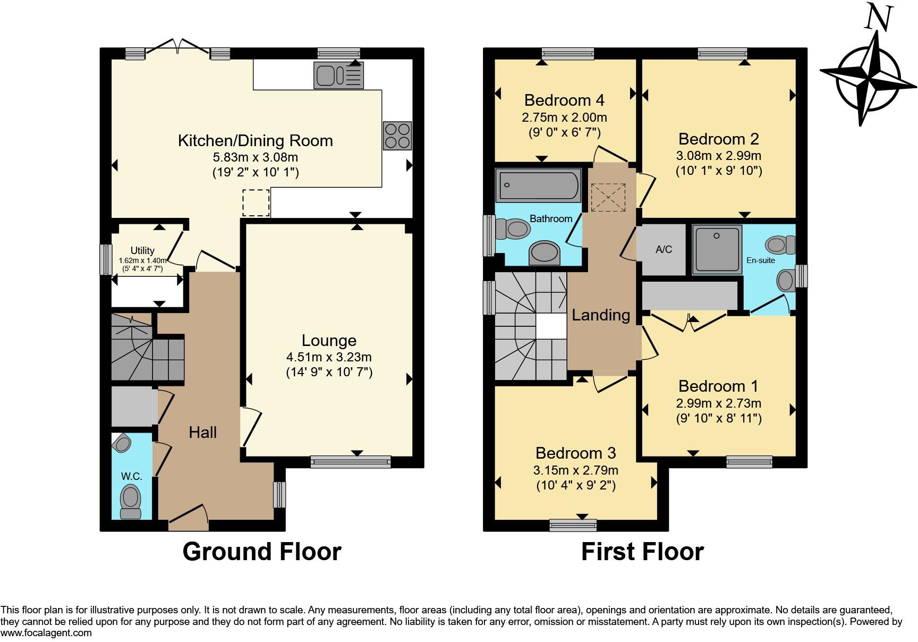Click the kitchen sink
339,75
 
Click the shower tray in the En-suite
717,249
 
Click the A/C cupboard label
664,249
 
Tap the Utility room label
142,250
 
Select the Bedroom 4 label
564,100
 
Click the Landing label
601,315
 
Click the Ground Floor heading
262,552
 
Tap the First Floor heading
642,552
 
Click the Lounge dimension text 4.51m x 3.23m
329,357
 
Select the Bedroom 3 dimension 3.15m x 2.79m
576,470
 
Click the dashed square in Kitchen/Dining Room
256,202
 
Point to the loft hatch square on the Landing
608,197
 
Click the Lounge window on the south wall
351,462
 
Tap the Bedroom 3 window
573,525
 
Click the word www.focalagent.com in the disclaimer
46,633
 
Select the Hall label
203,433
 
